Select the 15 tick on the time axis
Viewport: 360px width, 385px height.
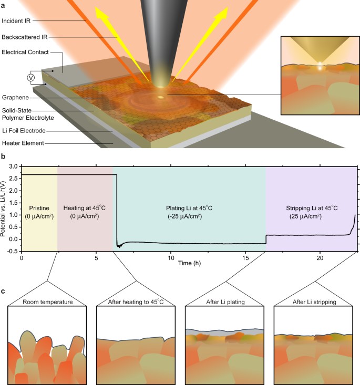point(245,258)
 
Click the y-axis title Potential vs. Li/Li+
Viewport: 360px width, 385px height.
point(5,209)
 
